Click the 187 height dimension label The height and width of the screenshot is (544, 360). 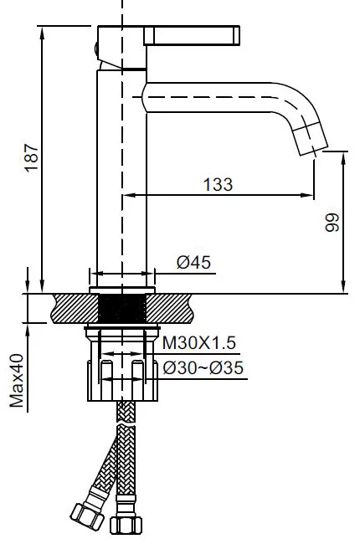point(31,157)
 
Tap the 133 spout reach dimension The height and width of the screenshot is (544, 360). point(218,184)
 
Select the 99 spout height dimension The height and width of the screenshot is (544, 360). point(332,223)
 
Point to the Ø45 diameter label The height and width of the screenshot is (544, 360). point(193,262)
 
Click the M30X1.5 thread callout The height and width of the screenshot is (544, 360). point(199,343)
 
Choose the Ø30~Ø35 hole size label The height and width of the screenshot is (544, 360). point(203,367)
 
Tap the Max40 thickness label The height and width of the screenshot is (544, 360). point(17,380)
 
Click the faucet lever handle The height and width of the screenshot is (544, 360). point(192,35)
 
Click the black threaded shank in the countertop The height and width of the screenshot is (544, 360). point(122,308)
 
